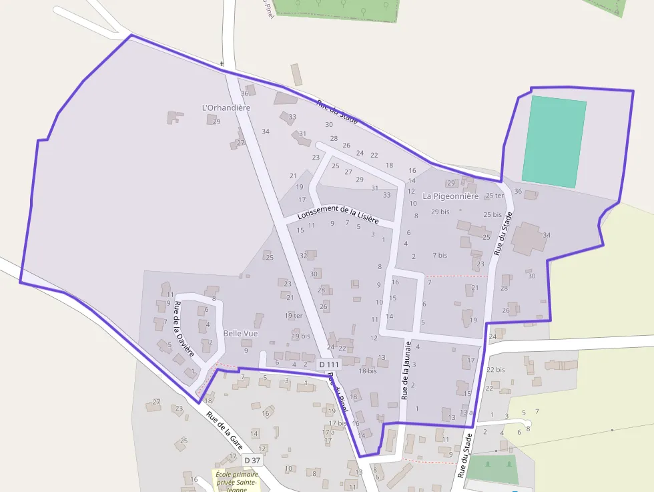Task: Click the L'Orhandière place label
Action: point(226,107)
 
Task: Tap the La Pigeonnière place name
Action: point(450,196)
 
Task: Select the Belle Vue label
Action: point(240,333)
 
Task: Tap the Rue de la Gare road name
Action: point(225,429)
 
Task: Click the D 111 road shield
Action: point(329,364)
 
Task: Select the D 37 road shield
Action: point(252,460)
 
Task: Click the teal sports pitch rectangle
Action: point(554,142)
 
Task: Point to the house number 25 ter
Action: point(495,196)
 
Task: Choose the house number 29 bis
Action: point(440,212)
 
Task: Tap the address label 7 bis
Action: point(440,255)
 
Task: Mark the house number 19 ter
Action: point(294,315)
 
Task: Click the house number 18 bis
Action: point(368,371)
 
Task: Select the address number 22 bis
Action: point(495,369)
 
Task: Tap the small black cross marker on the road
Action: point(222,64)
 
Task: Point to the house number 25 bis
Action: point(493,214)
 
